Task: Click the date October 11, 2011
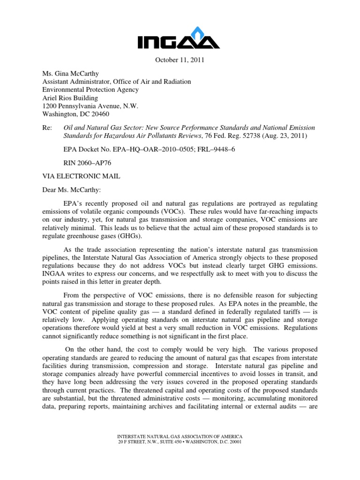(x=180, y=60)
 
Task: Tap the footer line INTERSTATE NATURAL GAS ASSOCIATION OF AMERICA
(x=180, y=436)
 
